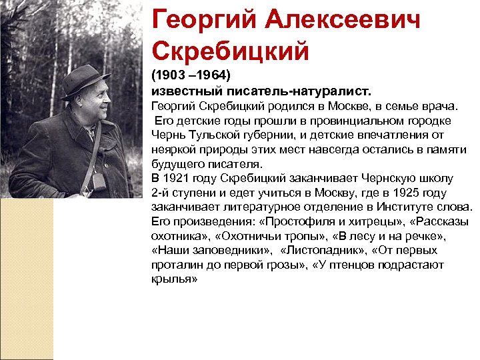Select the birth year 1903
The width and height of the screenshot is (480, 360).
tap(173, 75)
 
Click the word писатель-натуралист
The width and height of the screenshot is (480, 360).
tap(307, 90)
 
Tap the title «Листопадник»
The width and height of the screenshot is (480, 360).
tap(323, 251)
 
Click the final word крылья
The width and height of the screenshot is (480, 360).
tap(175, 280)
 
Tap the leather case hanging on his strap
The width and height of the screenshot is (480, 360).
tap(98, 181)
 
